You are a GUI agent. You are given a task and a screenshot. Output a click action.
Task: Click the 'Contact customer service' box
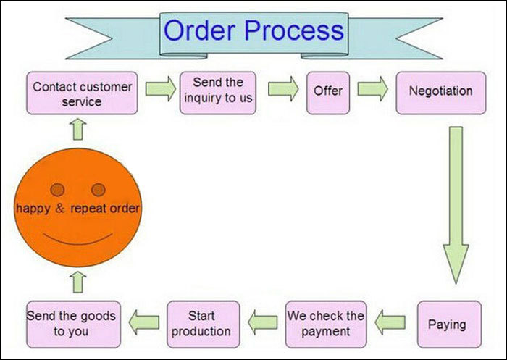pos(82,93)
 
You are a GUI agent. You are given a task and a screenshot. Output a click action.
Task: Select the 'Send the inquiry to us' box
pos(218,93)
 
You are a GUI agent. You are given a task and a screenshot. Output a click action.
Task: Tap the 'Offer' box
pos(328,93)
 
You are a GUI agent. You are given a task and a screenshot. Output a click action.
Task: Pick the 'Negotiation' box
pos(441,93)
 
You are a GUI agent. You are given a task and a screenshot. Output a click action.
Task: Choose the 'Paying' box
pos(450,325)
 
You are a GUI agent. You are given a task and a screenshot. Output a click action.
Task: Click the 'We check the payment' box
pos(326,325)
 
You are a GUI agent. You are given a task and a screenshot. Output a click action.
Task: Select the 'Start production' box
pos(204,325)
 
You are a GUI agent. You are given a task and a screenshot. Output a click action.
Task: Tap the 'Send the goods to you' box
pos(73,325)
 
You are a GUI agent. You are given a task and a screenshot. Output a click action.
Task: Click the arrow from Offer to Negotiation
pos(373,89)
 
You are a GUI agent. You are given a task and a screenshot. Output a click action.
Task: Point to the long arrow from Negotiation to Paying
pos(456,206)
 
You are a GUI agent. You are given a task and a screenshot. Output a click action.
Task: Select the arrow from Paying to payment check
pos(390,322)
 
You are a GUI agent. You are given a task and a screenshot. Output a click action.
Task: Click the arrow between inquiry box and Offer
pos(284,89)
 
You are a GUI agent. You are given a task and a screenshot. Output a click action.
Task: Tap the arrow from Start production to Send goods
pos(144,322)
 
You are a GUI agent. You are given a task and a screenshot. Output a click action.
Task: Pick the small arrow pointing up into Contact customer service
pos(78,130)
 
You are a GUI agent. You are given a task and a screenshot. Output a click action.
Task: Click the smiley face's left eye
pos(57,190)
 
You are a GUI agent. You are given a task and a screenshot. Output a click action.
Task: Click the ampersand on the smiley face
pos(60,208)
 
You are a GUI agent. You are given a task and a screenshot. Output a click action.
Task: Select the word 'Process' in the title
pos(294,30)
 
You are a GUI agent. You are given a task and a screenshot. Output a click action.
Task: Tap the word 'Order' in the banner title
pos(200,30)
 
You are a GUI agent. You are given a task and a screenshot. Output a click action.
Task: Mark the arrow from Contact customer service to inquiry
pos(161,89)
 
